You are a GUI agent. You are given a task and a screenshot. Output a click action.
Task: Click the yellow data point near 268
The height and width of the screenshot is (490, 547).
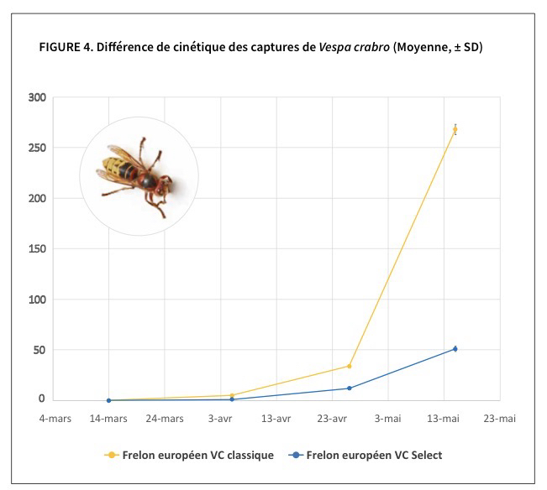pyautogui.click(x=455, y=129)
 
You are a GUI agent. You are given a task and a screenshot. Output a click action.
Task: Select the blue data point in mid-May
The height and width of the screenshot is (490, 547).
pyautogui.click(x=455, y=348)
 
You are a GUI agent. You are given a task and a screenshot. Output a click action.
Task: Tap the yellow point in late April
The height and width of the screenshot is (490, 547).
pyautogui.click(x=349, y=366)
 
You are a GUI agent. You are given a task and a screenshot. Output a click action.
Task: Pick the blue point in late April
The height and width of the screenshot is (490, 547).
pyautogui.click(x=349, y=388)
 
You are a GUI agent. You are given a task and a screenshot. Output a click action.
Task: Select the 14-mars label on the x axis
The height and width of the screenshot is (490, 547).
pyautogui.click(x=108, y=417)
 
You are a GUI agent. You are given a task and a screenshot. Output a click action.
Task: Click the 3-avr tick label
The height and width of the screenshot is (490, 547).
pyautogui.click(x=220, y=417)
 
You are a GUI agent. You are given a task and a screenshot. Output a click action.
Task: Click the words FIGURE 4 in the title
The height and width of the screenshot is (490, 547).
pyautogui.click(x=66, y=46)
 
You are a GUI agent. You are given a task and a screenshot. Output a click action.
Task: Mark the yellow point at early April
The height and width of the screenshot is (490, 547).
pyautogui.click(x=231, y=395)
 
